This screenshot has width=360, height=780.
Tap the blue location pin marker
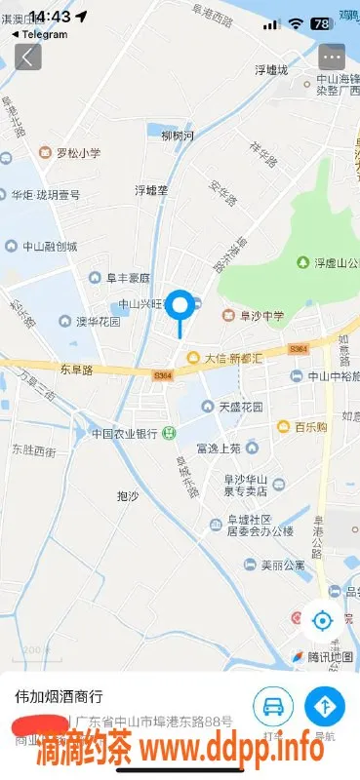[x=180, y=306]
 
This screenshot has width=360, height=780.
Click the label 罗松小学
[x=77, y=153]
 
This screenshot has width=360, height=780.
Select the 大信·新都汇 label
[x=232, y=358]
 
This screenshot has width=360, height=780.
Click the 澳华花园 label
[x=99, y=321]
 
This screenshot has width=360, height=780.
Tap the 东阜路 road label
[x=76, y=370]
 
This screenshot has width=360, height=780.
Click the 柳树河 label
[x=179, y=136]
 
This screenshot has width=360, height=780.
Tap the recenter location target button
[x=322, y=619]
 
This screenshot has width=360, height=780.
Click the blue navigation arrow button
[x=324, y=705]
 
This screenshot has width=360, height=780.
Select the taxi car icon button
[x=273, y=705]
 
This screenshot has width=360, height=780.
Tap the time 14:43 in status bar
[x=50, y=17]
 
